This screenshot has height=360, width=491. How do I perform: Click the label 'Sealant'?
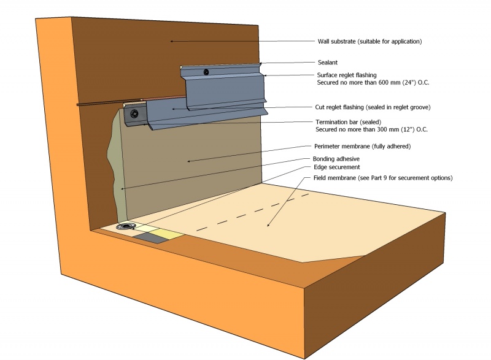tap(328, 63)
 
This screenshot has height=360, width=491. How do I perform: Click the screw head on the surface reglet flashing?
tap(208, 72)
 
